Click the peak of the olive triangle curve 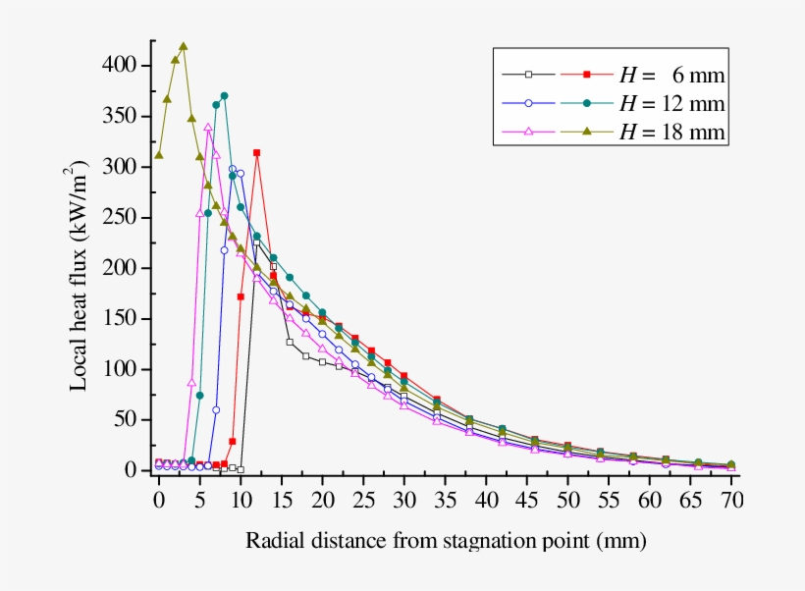183,46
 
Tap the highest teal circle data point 224,96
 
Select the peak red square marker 257,153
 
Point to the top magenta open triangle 208,127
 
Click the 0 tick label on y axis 136,471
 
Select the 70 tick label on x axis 731,501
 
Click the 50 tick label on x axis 567,501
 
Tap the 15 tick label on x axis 281,501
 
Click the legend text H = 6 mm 671,75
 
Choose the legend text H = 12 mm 671,103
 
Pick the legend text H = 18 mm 671,132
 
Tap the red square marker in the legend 587,74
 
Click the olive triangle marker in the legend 587,131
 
